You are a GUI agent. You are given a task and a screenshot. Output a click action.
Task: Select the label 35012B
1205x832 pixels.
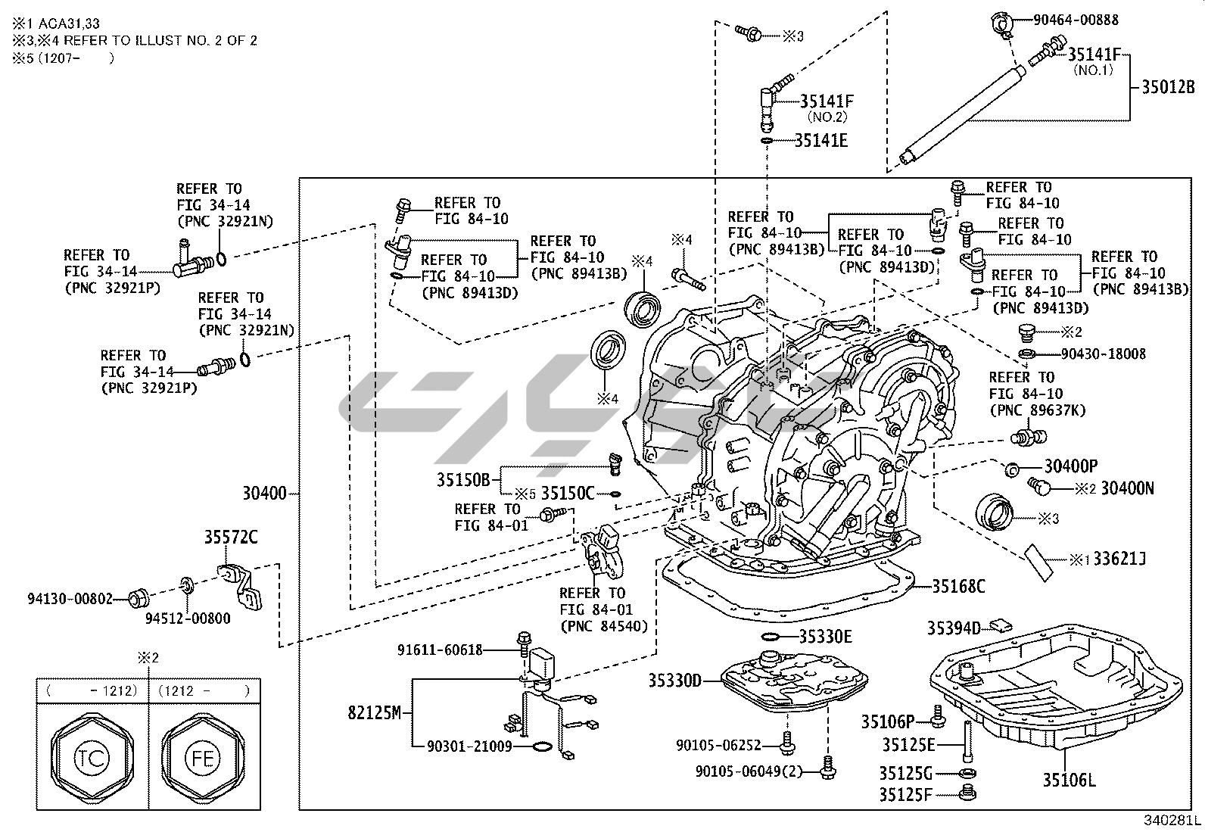click(x=1168, y=86)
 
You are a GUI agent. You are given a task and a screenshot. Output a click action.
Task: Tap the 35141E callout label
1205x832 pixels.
click(x=820, y=140)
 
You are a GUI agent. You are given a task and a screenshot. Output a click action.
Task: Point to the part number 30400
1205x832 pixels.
click(x=264, y=494)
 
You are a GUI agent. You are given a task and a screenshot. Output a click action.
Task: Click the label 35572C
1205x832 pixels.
click(x=230, y=538)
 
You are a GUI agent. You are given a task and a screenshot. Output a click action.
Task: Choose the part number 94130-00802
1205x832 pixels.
click(x=68, y=599)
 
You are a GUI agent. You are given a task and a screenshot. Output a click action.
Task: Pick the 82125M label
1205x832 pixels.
click(x=374, y=712)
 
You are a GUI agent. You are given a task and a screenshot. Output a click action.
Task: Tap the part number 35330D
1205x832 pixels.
click(x=674, y=681)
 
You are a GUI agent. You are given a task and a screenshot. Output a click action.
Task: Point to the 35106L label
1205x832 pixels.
click(x=1069, y=781)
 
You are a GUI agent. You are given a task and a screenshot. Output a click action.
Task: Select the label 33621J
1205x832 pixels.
click(x=1117, y=559)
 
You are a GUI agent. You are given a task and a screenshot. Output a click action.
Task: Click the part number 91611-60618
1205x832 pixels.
click(x=440, y=649)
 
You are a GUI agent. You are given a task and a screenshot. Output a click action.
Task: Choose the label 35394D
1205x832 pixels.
click(x=954, y=627)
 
